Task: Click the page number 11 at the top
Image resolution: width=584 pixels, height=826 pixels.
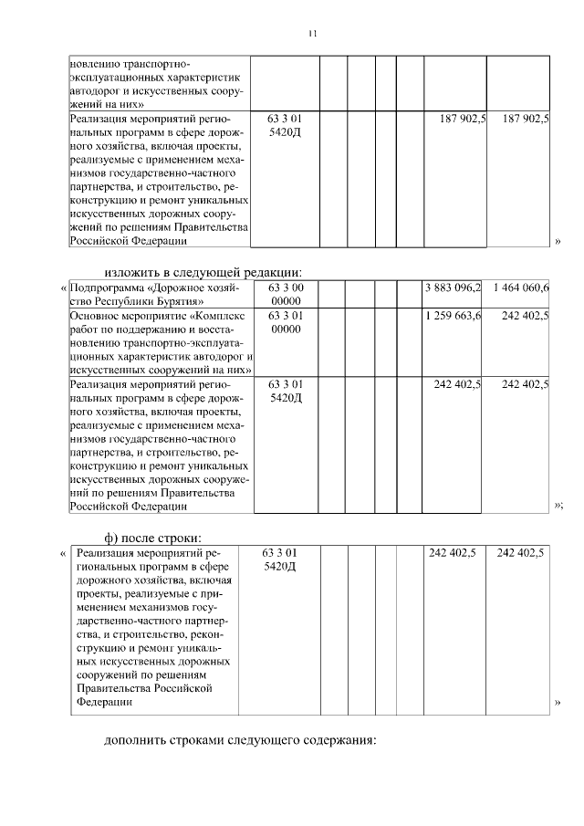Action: click(311, 34)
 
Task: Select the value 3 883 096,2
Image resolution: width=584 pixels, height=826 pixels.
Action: click(453, 288)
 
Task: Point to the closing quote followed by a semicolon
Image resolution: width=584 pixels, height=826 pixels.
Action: click(558, 505)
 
